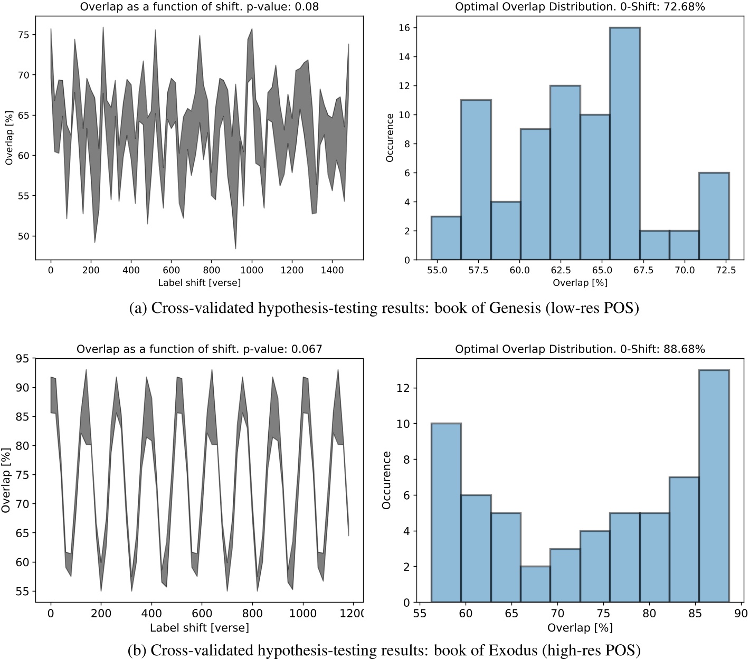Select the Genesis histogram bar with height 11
[x=476, y=179]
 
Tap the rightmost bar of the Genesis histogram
[x=714, y=216]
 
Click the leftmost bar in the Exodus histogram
[x=446, y=512]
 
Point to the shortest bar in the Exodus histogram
[x=535, y=584]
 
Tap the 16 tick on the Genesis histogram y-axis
[x=404, y=27]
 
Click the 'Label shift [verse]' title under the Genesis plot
[x=199, y=282]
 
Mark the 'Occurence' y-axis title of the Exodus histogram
[x=386, y=480]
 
